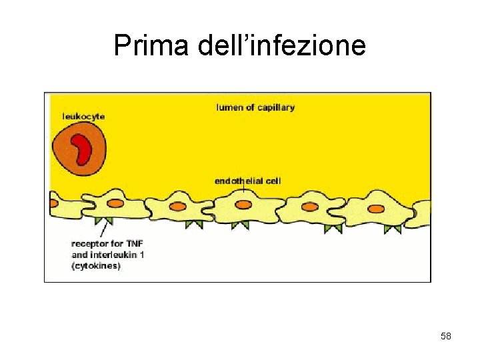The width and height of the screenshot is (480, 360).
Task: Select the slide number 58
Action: click(x=446, y=337)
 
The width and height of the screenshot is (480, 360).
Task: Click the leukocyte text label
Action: click(x=83, y=117)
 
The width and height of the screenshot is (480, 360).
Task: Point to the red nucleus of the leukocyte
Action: click(x=82, y=149)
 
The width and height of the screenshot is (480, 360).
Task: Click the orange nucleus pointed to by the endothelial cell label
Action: click(x=244, y=205)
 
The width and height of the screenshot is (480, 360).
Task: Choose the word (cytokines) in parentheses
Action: click(x=96, y=266)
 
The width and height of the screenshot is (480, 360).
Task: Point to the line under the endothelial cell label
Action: click(x=244, y=192)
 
